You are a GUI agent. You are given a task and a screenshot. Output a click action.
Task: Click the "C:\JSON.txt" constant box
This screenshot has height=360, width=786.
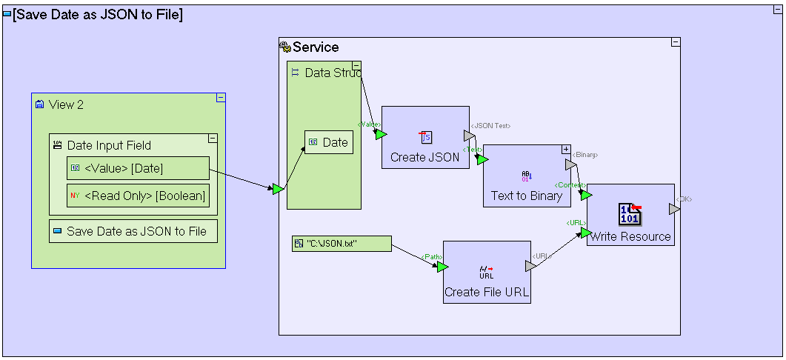342,243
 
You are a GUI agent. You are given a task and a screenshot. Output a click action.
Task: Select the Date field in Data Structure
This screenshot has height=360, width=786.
329,142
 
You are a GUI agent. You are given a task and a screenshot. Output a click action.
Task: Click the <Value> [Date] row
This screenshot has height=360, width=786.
138,168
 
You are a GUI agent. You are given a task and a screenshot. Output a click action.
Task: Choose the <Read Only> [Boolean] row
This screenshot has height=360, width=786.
138,196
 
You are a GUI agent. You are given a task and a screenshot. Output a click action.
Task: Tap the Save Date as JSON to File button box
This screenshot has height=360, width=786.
133,231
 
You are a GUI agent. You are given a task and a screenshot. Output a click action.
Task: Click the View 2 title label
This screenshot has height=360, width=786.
66,104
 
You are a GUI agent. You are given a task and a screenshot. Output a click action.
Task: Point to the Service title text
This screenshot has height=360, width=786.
316,47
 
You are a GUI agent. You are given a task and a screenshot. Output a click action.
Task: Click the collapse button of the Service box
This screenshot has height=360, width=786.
675,42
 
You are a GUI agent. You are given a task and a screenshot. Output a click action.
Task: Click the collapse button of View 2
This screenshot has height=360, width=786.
220,98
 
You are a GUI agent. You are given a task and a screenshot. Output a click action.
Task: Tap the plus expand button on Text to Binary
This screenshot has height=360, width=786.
566,149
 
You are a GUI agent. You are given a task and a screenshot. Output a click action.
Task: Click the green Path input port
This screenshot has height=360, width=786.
442,267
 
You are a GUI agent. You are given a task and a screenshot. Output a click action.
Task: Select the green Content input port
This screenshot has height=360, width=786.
586,195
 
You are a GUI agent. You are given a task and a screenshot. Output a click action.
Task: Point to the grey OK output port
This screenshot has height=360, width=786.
673,210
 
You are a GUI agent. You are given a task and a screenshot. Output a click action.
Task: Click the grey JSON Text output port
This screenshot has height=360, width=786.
469,136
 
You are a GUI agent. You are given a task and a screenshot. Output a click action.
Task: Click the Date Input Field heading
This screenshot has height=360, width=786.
108,145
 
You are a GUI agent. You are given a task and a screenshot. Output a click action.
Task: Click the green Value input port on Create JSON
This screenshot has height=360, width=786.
380,134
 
